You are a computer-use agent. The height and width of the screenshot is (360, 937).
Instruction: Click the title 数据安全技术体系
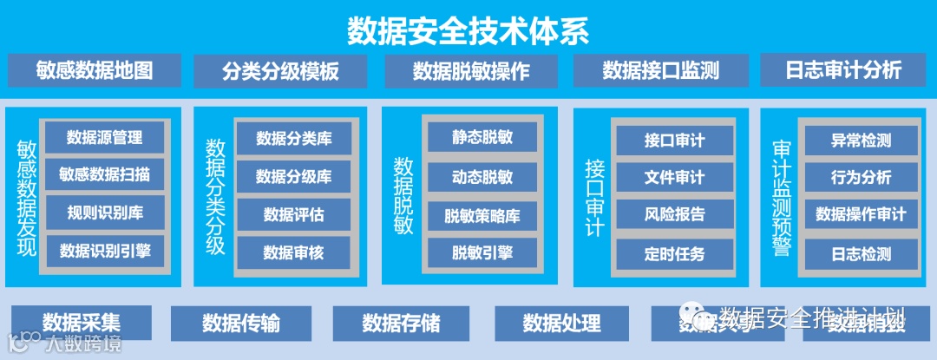coord(468,31)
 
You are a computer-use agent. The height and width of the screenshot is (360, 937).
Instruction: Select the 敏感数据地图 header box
coord(95,70)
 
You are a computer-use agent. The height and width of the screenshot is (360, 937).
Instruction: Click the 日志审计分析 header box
coord(843,70)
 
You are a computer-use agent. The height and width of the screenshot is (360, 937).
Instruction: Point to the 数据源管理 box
coord(104,137)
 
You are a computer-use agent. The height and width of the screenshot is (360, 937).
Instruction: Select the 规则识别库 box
coord(104,213)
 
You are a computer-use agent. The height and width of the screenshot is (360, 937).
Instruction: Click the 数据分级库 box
coord(293,177)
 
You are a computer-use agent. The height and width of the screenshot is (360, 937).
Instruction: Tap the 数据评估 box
coord(293,214)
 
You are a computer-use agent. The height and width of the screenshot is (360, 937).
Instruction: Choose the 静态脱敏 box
coord(482,137)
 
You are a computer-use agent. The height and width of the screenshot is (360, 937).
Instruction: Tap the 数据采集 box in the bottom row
coord(82,323)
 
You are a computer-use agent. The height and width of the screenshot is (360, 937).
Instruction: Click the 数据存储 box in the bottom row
coord(401,324)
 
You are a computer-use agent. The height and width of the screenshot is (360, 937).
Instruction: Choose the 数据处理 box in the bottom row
coord(561,324)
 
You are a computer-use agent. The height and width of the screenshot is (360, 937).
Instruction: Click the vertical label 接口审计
coord(594,197)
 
